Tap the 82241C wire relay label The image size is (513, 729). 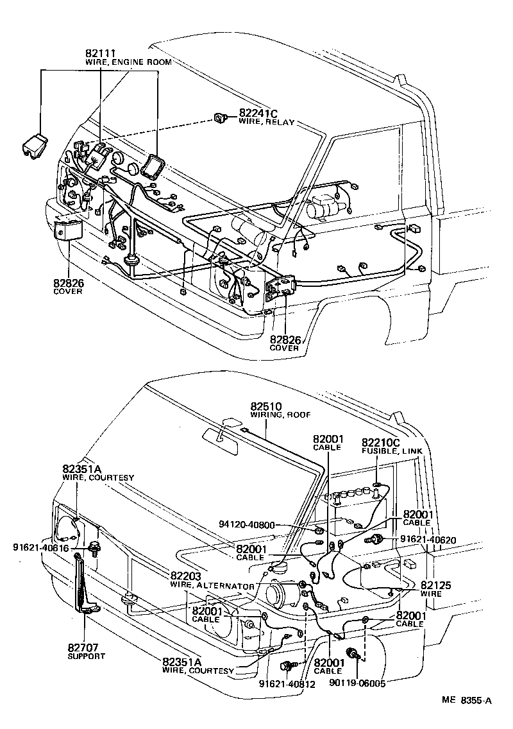coord(260,114)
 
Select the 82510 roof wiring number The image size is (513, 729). coord(265,406)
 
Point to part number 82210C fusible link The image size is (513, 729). coord(381,442)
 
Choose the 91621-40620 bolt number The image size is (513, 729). coord(428,540)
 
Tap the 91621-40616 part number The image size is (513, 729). coord(40,547)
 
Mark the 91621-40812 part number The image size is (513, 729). coord(287,684)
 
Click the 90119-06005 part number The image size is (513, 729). coord(358,684)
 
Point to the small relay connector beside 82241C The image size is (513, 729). coord(222,117)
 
